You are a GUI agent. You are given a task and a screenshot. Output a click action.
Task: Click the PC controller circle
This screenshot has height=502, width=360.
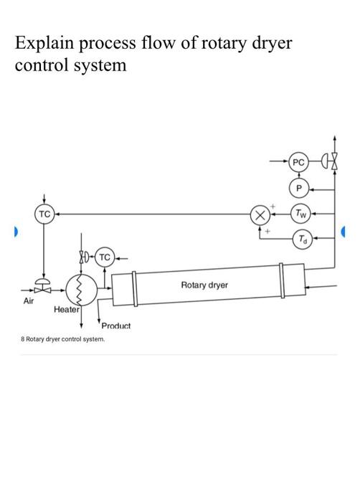click(299, 163)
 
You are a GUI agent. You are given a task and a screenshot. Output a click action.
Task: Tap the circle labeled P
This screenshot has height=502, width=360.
click(299, 188)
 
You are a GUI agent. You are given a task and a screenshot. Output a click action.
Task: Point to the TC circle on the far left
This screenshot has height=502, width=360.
click(44, 214)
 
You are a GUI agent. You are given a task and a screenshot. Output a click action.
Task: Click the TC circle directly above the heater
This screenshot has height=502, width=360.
click(104, 256)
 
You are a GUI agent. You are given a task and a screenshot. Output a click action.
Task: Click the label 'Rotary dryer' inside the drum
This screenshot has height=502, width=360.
click(204, 285)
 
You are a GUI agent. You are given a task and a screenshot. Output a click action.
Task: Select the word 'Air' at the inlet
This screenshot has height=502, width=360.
click(29, 301)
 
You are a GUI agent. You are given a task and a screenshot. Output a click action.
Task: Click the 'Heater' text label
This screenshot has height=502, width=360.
click(66, 311)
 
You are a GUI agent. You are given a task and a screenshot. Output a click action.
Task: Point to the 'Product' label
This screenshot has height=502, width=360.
click(116, 326)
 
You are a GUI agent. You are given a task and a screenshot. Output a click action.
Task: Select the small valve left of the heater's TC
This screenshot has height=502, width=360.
click(84, 256)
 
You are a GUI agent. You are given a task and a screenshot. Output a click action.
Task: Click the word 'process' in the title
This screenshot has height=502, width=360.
click(117, 44)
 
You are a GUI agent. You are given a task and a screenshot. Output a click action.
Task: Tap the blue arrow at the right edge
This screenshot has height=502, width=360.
click(344, 232)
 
